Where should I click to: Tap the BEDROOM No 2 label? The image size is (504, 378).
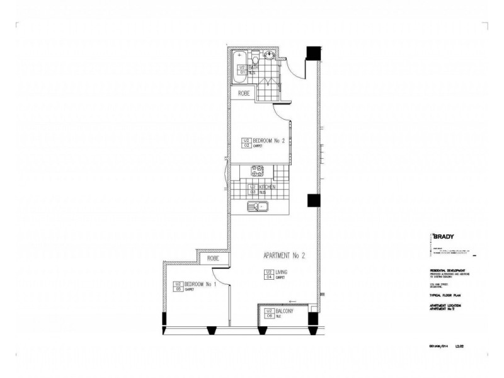click(x=269, y=142)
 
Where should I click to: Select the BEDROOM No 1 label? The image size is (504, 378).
click(x=201, y=285)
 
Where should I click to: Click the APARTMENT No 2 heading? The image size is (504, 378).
click(x=284, y=256)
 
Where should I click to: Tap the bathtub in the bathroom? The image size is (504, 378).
click(x=240, y=65)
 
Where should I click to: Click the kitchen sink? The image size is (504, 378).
click(x=258, y=206)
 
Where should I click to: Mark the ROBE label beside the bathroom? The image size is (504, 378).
click(x=244, y=93)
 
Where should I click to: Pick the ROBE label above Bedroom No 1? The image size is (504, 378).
click(x=213, y=258)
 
